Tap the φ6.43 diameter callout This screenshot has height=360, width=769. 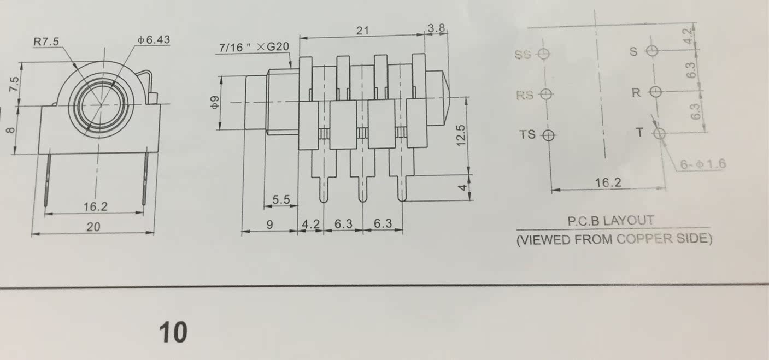tap(154, 40)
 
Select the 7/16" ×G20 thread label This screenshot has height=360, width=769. tap(253, 48)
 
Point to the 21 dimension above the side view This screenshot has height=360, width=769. tap(362, 31)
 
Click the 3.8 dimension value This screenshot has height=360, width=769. tap(436, 28)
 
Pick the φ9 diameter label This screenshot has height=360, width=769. tap(215, 102)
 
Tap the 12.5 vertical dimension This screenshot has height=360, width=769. tap(461, 135)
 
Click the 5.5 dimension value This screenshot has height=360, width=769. tap(280, 200)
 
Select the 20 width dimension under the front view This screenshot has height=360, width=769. tap(93, 226)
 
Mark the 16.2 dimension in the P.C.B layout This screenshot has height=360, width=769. tap(608, 182)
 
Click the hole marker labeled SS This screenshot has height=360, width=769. tap(543, 54)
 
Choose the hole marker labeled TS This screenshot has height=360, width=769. tap(548, 134)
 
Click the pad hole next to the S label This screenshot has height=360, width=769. tap(651, 51)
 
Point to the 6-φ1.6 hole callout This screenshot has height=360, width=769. tap(703, 164)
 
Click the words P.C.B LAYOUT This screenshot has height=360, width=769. tap(610, 221)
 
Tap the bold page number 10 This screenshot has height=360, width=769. tap(173, 332)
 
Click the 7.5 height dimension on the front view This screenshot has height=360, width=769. tap(15, 84)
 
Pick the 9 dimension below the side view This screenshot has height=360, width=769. tap(269, 224)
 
